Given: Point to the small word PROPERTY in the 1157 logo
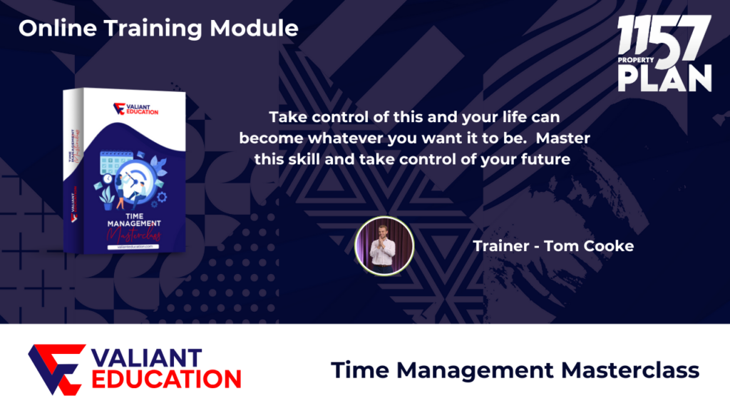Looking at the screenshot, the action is tap(635, 60).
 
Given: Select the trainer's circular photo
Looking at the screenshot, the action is tap(384, 246).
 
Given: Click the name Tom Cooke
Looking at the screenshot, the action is tap(588, 246).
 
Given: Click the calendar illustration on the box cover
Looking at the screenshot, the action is tap(116, 163).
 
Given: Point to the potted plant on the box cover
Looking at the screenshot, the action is tap(108, 198).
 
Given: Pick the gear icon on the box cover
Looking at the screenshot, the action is tap(162, 197).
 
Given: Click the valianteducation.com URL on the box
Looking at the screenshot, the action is tap(133, 247).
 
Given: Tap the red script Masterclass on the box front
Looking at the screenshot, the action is tap(134, 234).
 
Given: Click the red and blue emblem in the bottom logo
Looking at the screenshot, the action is tap(57, 370).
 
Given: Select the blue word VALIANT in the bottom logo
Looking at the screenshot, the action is tap(147, 358).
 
